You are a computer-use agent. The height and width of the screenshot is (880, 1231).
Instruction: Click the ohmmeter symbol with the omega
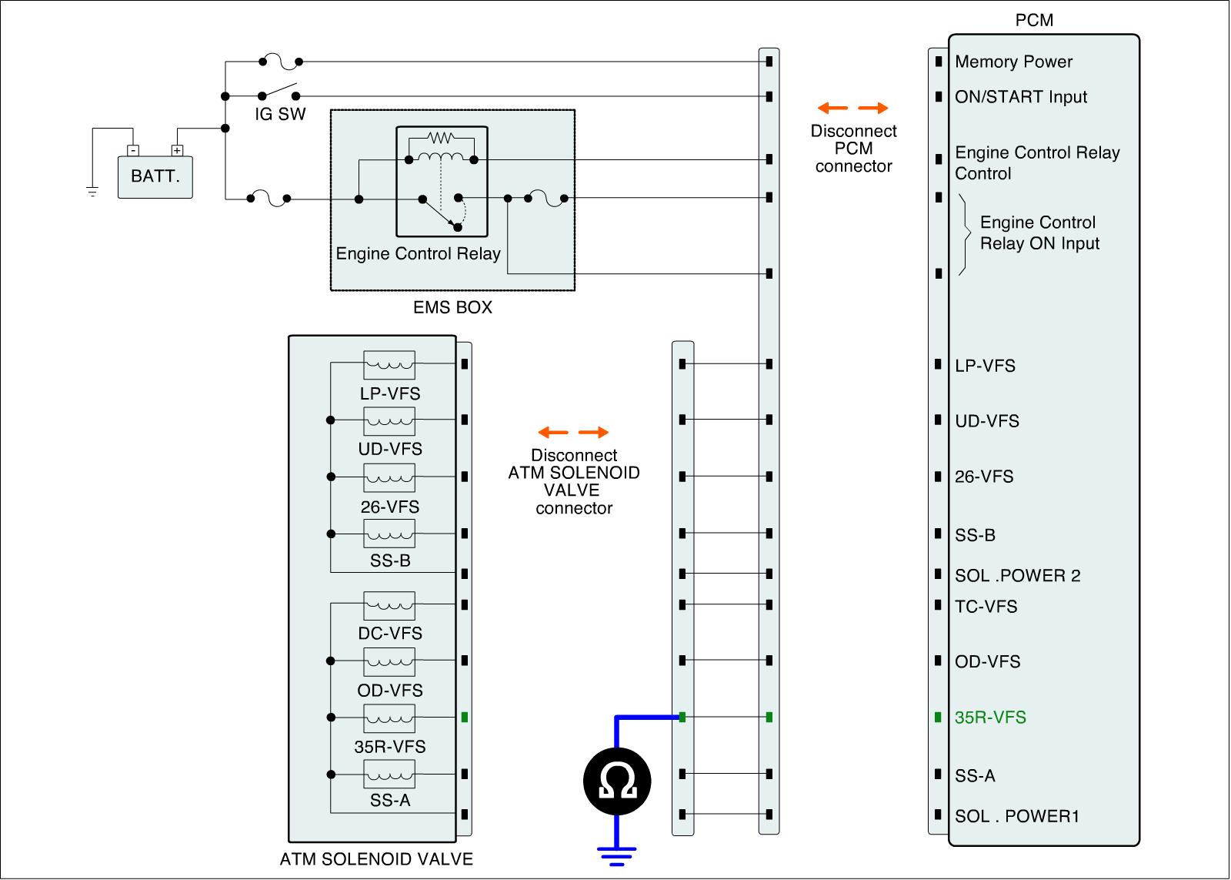pos(617,781)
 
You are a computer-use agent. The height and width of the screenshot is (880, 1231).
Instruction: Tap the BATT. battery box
pos(155,176)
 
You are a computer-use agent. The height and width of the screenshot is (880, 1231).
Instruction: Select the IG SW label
pos(280,115)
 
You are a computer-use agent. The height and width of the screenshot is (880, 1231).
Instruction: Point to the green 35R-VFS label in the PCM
pos(990,718)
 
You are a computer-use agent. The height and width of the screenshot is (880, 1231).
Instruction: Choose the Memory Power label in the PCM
pos(1013,62)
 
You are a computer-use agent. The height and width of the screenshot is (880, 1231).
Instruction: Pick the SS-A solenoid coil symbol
pos(389,773)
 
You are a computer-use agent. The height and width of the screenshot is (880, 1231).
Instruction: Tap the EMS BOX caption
pos(452,308)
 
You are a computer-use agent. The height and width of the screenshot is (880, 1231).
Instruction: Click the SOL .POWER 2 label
pos(1017,576)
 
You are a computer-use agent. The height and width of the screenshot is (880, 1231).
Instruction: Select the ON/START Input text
pos(1021,98)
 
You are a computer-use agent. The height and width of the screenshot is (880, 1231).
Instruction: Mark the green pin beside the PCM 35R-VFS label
pos(938,718)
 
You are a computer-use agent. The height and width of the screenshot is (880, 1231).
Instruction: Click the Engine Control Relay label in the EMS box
pos(418,254)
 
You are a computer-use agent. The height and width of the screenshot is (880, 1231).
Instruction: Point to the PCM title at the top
pos(1034,21)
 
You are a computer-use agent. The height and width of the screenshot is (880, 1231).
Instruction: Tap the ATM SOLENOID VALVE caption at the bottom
pos(376,859)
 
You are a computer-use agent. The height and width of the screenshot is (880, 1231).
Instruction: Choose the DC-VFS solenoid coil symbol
pos(389,604)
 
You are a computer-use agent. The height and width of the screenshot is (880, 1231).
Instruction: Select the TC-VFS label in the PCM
pos(986,607)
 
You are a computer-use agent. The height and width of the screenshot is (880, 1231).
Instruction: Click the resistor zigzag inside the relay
pos(441,139)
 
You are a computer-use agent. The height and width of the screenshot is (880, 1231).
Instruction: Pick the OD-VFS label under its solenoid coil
pos(390,691)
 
